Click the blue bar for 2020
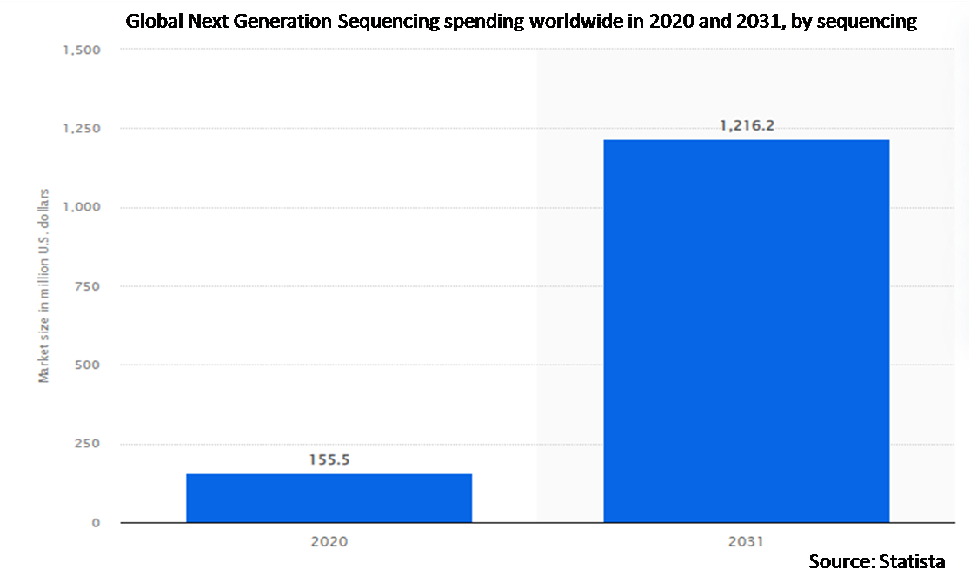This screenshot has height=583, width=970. tap(329, 498)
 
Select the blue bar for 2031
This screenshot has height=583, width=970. tap(746, 331)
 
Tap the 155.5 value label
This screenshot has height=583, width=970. tap(329, 459)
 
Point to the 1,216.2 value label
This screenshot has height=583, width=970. tap(747, 126)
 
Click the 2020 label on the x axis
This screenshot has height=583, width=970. tap(329, 541)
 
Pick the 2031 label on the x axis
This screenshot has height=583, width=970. tap(746, 541)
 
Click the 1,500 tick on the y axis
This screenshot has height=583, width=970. tap(82, 50)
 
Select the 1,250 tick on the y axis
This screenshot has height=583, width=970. tap(82, 129)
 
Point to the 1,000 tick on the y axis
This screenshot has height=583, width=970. tap(82, 207)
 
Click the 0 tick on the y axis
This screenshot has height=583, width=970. tap(96, 523)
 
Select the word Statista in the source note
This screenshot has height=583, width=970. tap(914, 562)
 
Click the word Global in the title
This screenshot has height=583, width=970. tap(154, 22)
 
